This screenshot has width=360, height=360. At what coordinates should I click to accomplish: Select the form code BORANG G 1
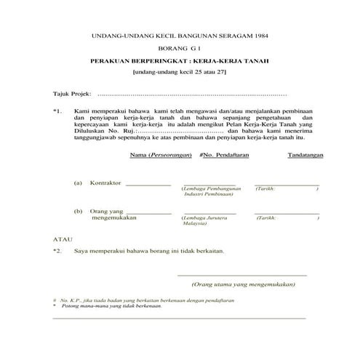(178, 48)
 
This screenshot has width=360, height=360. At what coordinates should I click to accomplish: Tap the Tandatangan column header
(305, 156)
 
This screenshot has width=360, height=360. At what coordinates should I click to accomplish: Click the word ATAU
(63, 239)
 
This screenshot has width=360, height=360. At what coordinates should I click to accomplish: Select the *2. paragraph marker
(58, 250)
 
